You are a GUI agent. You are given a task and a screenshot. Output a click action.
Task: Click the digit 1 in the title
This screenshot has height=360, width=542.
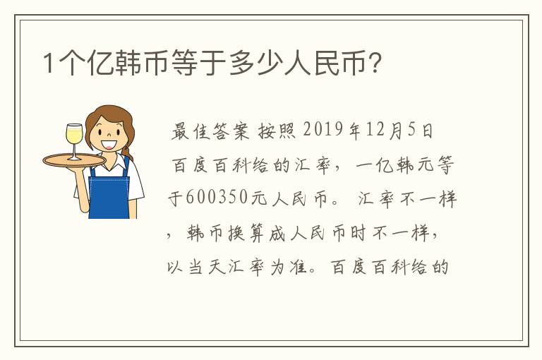tap(49, 63)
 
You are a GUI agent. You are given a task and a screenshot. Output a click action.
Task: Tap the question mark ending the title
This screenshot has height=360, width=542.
tap(375, 63)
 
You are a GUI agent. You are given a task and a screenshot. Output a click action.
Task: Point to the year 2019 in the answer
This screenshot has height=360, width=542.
tap(323, 130)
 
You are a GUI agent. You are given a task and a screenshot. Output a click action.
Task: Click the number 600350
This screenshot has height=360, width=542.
tap(218, 198)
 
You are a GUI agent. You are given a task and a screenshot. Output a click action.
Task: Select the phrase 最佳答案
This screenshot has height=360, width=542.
tap(210, 131)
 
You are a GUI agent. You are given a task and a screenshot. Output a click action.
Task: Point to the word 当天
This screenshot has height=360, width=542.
tap(207, 267)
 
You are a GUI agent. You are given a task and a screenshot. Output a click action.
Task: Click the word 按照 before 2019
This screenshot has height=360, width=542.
tap(277, 131)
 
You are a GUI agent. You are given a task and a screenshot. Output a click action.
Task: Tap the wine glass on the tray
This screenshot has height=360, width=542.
tap(74, 141)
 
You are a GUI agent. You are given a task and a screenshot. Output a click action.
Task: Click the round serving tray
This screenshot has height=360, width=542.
tap(74, 161)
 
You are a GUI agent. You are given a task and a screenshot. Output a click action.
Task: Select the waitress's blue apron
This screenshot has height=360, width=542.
tap(109, 193)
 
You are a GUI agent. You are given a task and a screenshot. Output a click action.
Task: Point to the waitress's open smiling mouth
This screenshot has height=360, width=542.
tap(108, 144)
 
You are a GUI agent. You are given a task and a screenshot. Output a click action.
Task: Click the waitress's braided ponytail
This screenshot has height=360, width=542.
tap(126, 152)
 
